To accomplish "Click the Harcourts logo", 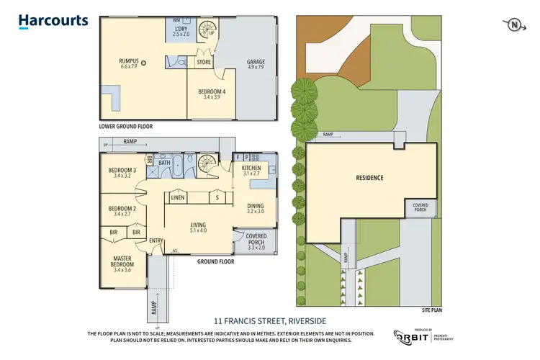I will click(x=54, y=21).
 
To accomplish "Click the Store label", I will click(x=204, y=63).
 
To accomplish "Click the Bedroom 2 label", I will click(x=122, y=210).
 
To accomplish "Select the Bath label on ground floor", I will click(x=164, y=163).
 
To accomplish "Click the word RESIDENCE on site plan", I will click(x=368, y=178).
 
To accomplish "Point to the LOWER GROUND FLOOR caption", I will click(x=126, y=126).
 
